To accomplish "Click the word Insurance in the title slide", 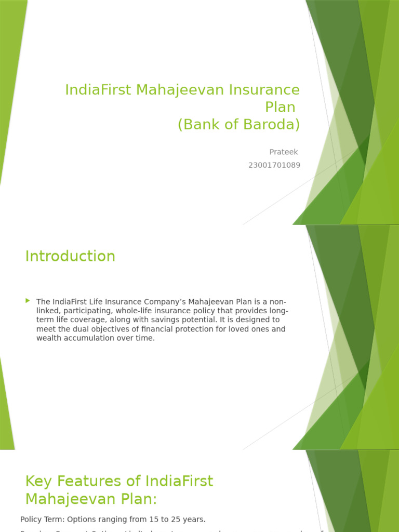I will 264,90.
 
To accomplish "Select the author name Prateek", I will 283,152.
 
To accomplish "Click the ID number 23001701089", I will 274,165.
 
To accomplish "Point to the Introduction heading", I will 70,256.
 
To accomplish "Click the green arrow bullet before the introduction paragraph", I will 28,301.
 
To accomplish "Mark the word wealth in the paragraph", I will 48,338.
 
